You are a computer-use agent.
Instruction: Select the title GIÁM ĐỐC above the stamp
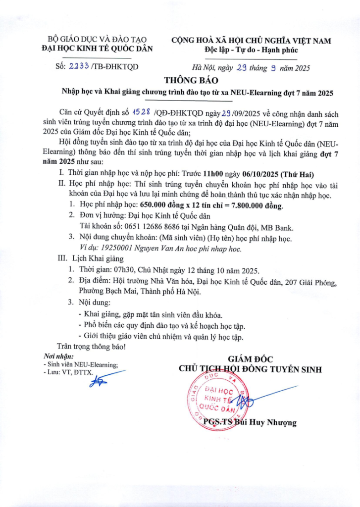pyautogui.click(x=250, y=359)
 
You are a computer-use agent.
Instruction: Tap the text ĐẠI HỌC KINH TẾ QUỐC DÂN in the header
pyautogui.click(x=97, y=48)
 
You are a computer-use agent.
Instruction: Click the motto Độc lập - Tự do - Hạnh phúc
pyautogui.click(x=251, y=50)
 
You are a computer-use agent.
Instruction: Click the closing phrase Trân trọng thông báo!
pyautogui.click(x=92, y=347)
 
